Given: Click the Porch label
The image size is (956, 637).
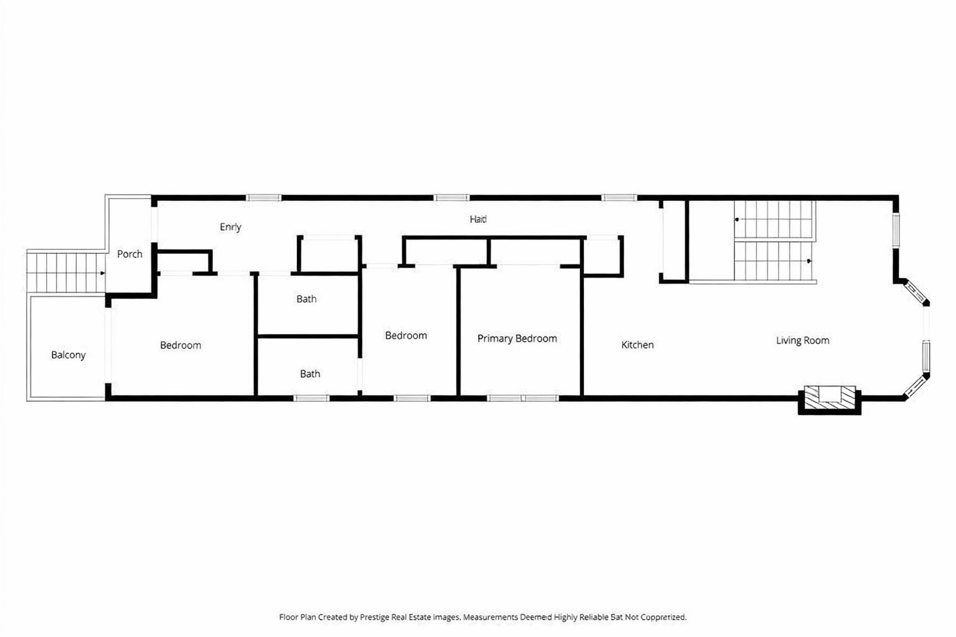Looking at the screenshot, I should (x=129, y=254).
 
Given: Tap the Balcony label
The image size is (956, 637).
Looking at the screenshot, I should (x=68, y=355).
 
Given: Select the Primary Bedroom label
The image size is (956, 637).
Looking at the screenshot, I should (x=517, y=338).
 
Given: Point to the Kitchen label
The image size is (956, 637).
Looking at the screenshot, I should (x=637, y=345).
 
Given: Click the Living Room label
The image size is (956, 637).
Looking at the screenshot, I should (x=802, y=340).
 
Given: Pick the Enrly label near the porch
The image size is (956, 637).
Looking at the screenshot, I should (x=230, y=227).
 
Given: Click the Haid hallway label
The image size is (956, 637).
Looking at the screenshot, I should (x=478, y=219).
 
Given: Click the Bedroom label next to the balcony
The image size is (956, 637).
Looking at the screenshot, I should (x=180, y=345).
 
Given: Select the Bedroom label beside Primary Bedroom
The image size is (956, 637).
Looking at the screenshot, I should (x=406, y=335).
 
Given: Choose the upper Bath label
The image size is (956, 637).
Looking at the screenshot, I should (x=306, y=299).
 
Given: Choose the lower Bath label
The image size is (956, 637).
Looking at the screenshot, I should (x=310, y=374).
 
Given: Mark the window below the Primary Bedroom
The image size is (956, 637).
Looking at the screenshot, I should (x=523, y=398).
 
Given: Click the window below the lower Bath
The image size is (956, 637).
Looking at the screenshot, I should (x=311, y=398).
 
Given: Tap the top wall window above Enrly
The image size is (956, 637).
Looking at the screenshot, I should (x=264, y=198).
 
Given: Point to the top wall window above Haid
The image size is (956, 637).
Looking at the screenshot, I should (x=451, y=198).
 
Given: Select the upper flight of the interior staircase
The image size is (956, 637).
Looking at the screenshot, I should (x=774, y=220).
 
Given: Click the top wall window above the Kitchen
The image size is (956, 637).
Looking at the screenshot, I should (x=619, y=198).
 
